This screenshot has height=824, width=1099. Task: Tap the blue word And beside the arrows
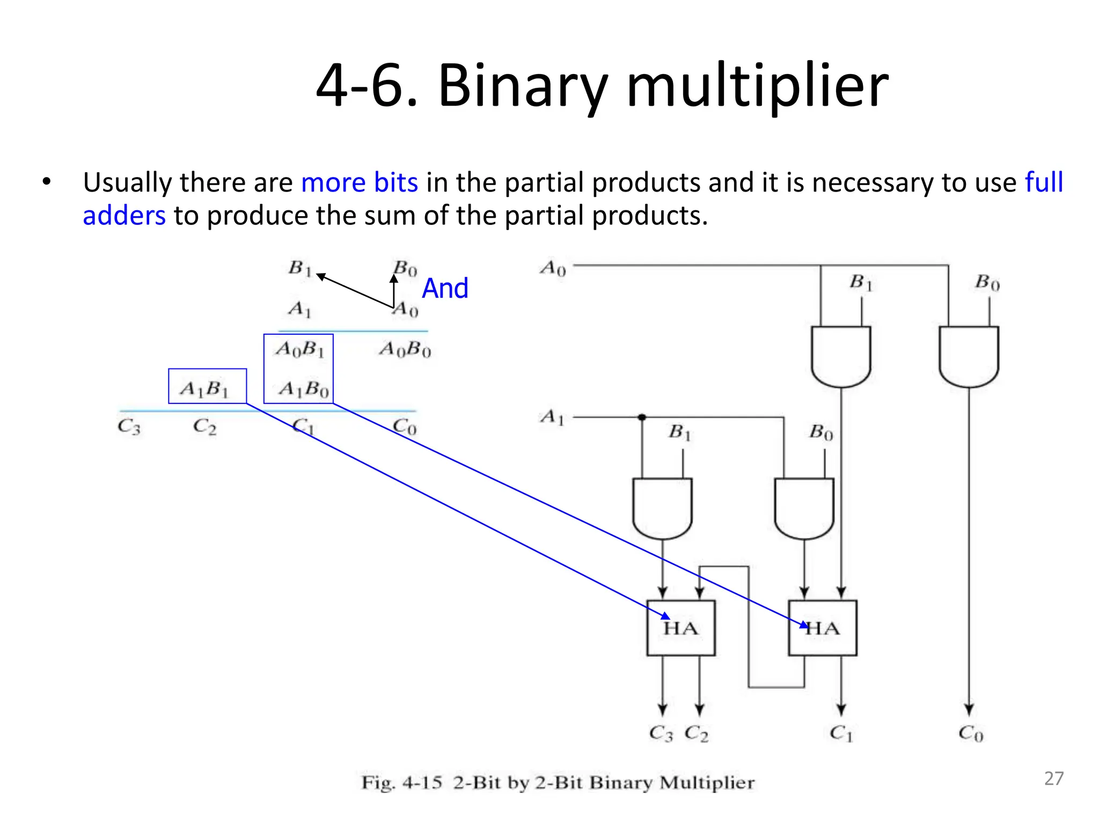click(x=445, y=289)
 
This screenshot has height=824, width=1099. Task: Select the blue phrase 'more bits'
click(x=359, y=183)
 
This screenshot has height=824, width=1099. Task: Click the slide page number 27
click(x=1053, y=778)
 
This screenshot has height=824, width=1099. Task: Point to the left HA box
click(x=680, y=628)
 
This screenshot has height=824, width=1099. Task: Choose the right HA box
click(x=822, y=628)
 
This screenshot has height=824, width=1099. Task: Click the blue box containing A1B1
click(x=207, y=386)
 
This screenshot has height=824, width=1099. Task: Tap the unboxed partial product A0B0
click(x=405, y=350)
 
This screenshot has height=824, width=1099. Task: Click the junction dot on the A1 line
click(x=642, y=417)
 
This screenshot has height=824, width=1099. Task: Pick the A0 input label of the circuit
click(x=553, y=268)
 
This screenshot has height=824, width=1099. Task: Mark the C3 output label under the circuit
click(x=661, y=733)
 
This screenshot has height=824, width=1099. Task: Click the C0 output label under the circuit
click(x=971, y=733)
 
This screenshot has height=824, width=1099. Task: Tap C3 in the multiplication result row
click(x=129, y=427)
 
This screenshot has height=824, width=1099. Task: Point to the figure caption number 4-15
click(x=422, y=783)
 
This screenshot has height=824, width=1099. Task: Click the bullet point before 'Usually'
click(x=47, y=182)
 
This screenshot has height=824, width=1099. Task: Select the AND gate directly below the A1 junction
click(x=662, y=507)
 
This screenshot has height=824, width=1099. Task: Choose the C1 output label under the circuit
click(x=841, y=733)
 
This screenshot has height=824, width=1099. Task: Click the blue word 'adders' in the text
click(x=124, y=216)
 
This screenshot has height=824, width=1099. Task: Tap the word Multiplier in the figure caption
click(x=707, y=783)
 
